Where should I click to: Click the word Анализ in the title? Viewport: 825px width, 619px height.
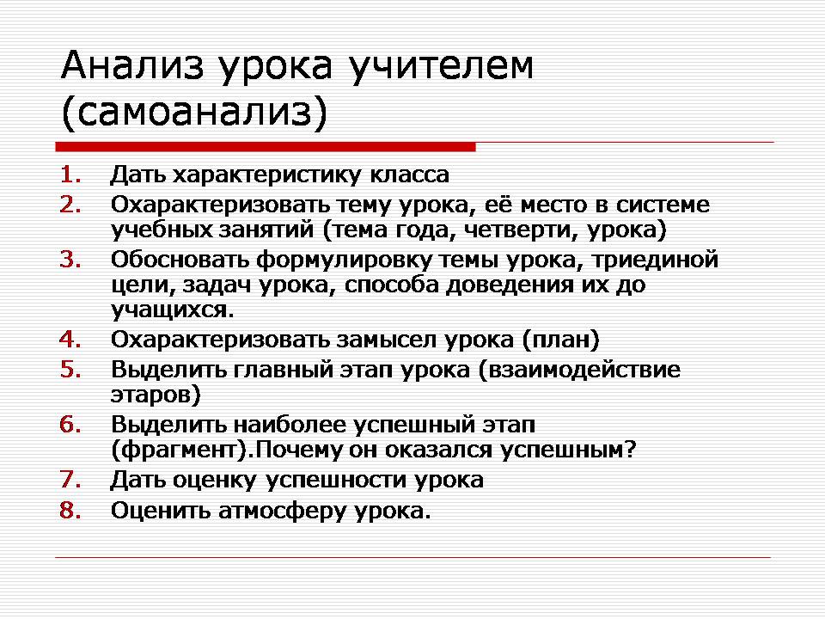click(x=132, y=65)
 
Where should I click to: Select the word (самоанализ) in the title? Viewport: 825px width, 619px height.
click(x=194, y=113)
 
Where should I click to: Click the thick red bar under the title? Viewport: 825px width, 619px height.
click(x=266, y=147)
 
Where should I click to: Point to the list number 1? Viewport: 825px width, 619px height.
click(x=70, y=175)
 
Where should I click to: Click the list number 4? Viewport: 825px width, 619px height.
click(x=70, y=340)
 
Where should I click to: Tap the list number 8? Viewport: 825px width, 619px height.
click(x=70, y=510)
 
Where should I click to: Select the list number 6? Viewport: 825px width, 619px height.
click(x=70, y=424)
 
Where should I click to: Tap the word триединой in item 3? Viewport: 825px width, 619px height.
click(x=655, y=260)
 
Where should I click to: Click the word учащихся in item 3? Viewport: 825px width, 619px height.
click(x=173, y=310)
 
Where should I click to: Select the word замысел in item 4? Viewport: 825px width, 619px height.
click(x=387, y=340)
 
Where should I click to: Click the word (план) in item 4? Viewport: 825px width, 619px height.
click(x=561, y=340)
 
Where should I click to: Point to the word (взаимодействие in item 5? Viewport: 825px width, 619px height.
click(x=579, y=370)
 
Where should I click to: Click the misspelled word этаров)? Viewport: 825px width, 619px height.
click(x=156, y=395)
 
